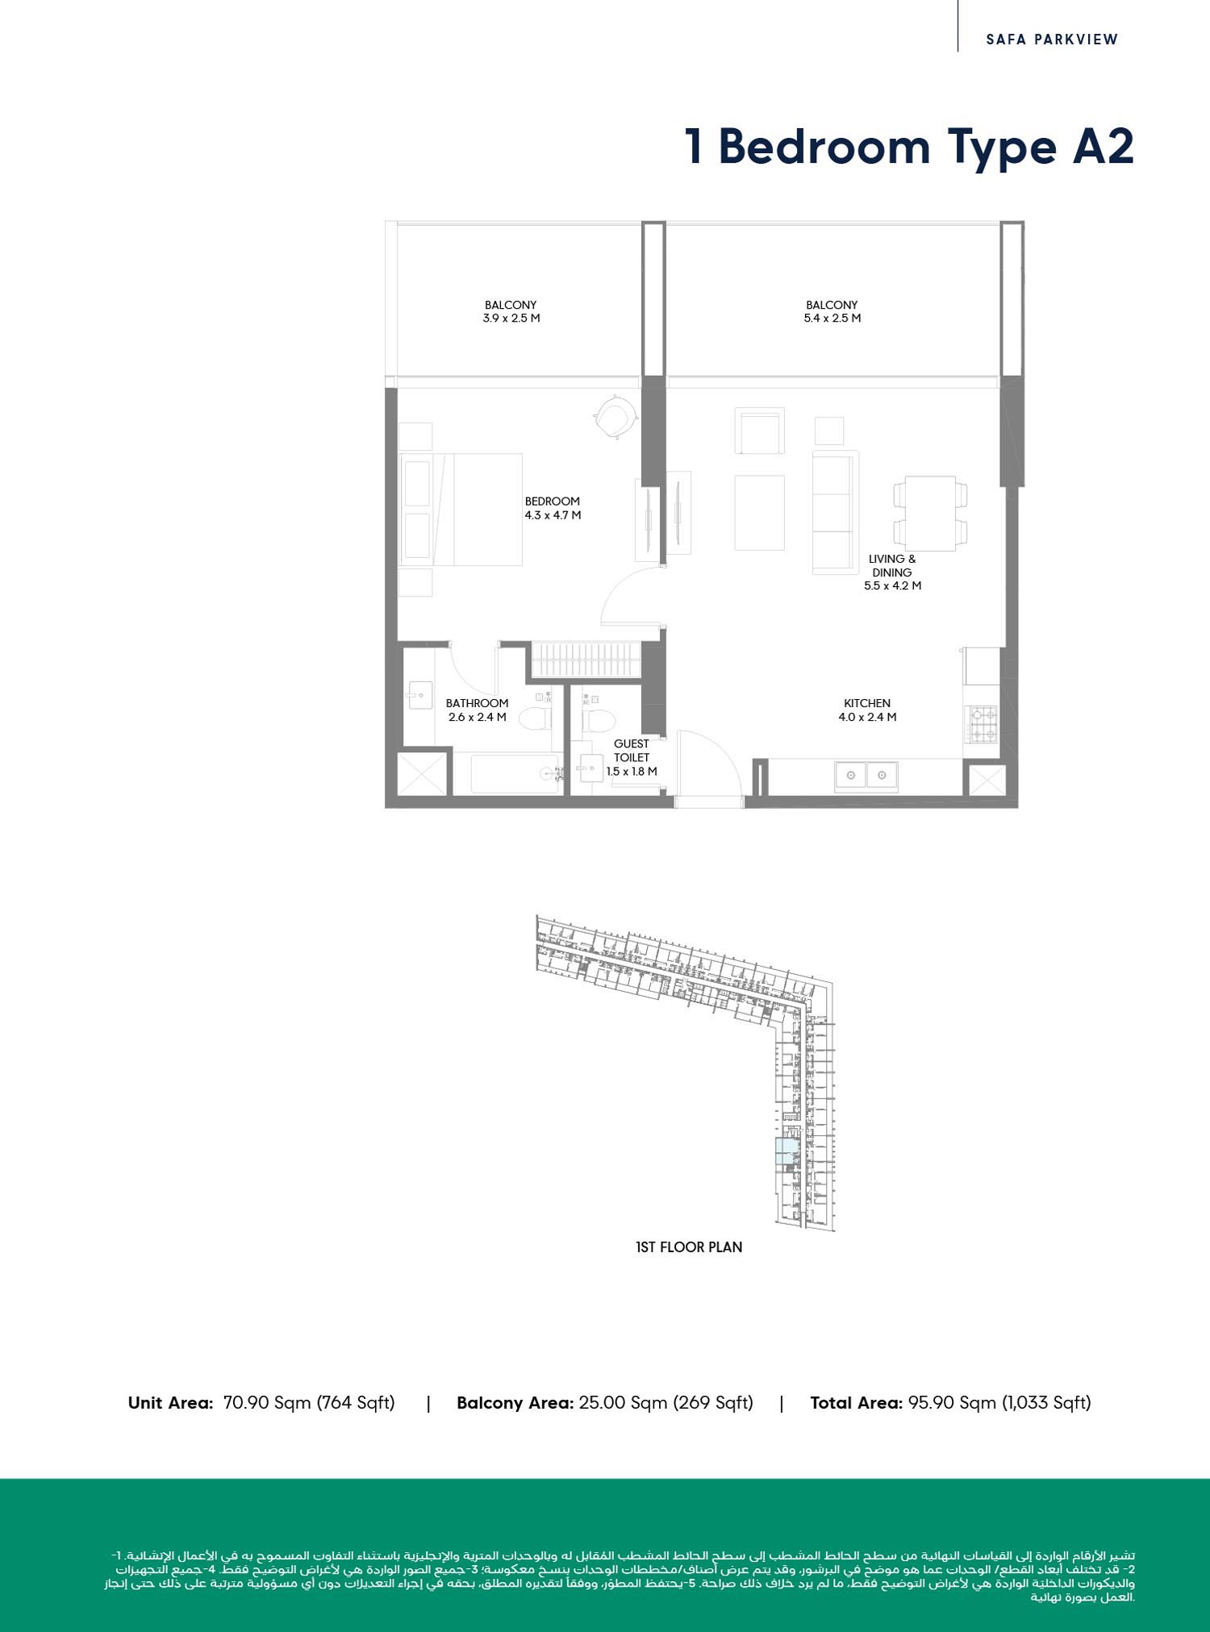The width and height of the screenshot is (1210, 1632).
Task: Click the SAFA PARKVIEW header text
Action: coord(1052,39)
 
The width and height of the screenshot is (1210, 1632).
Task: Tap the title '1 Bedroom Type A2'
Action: coord(909,147)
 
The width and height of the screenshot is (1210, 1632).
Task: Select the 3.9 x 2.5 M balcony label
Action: coord(511,311)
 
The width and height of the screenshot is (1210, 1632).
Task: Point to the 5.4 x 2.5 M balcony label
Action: coord(832,311)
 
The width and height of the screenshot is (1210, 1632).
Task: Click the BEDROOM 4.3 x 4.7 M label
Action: coord(553,508)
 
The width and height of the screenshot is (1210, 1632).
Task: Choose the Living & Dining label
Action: coord(892,572)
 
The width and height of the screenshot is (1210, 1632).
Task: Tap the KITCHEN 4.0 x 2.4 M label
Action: coord(867,710)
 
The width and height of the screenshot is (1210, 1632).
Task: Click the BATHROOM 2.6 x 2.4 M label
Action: coord(477,710)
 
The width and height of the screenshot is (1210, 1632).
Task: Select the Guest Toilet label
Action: coord(632,757)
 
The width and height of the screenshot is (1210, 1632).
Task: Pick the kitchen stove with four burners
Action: coord(983,724)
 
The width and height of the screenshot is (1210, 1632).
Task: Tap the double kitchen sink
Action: coord(866,775)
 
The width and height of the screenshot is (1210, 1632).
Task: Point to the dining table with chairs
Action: coord(930,511)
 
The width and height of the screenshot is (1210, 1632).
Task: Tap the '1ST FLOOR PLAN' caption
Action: coord(689,1247)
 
